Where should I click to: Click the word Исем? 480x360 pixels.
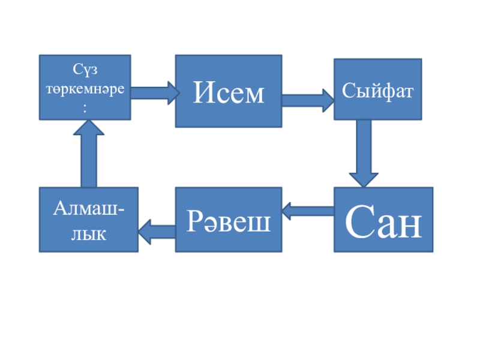[229, 93]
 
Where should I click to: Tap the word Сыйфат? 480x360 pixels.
[378, 92]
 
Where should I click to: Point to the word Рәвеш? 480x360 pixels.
[229, 221]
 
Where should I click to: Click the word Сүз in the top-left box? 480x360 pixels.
[85, 70]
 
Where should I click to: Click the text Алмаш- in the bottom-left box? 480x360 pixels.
[89, 210]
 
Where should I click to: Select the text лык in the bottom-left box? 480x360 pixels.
[88, 233]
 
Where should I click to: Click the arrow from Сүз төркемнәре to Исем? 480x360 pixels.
[154, 92]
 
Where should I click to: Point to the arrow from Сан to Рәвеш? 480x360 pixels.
[308, 210]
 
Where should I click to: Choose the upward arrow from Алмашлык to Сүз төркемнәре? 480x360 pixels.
[89, 154]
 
